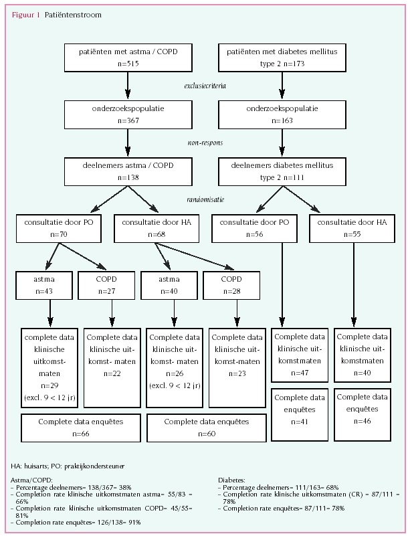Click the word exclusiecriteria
(206, 86)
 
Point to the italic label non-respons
(205, 142)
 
